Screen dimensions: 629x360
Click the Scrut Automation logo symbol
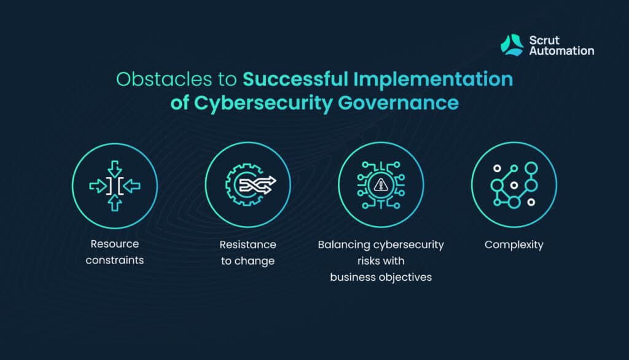pyautogui.click(x=512, y=45)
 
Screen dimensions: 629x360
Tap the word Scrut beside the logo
pyautogui.click(x=544, y=40)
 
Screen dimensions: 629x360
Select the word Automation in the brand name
pyautogui.click(x=561, y=51)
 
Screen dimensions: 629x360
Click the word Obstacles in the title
pyautogui.click(x=163, y=79)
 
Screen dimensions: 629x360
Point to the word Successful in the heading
pyautogui.click(x=295, y=79)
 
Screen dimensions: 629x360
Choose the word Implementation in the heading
pyautogui.click(x=433, y=79)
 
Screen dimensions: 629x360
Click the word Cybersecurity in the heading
pyautogui.click(x=263, y=103)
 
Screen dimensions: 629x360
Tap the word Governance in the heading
pyautogui.click(x=398, y=103)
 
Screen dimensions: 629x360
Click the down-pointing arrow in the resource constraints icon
pyautogui.click(x=115, y=169)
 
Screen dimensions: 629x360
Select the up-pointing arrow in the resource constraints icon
pyautogui.click(x=115, y=203)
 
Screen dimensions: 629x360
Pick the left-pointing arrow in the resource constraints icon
pyautogui.click(x=131, y=186)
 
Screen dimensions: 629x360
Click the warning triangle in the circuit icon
pyautogui.click(x=381, y=185)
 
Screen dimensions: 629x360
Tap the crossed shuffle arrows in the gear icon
pyautogui.click(x=257, y=185)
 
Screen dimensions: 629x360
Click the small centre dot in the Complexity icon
pyautogui.click(x=514, y=185)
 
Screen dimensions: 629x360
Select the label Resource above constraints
pyautogui.click(x=115, y=244)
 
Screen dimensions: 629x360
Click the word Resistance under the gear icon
pyautogui.click(x=248, y=245)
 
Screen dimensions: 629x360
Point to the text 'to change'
pyautogui.click(x=248, y=261)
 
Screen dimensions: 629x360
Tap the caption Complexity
pyautogui.click(x=514, y=245)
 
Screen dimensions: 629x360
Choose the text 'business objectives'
pyautogui.click(x=381, y=277)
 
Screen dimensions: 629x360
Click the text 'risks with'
pyautogui.click(x=381, y=261)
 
